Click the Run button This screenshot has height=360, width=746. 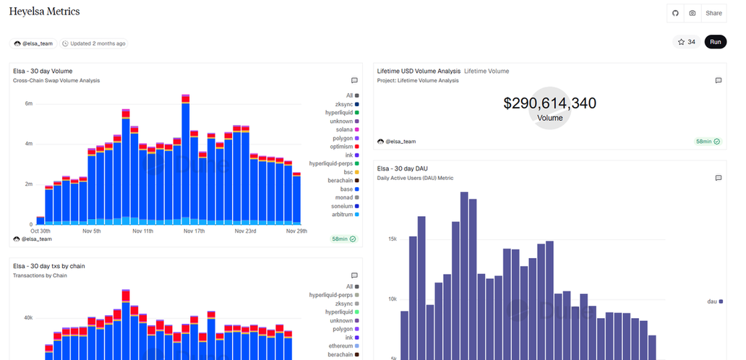tap(715, 42)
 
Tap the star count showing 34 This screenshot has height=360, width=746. tap(686, 42)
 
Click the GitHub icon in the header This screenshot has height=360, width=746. tap(675, 13)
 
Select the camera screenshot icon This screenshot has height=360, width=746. tap(693, 13)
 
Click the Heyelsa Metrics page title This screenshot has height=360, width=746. tap(44, 12)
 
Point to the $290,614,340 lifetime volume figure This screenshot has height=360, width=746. tap(549, 103)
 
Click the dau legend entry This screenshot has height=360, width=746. tap(712, 301)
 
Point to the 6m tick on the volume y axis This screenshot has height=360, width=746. tap(28, 103)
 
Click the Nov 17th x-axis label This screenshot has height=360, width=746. tap(194, 231)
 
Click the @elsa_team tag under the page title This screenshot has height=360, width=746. tap(33, 43)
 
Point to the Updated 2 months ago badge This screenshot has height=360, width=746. tap(94, 43)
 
